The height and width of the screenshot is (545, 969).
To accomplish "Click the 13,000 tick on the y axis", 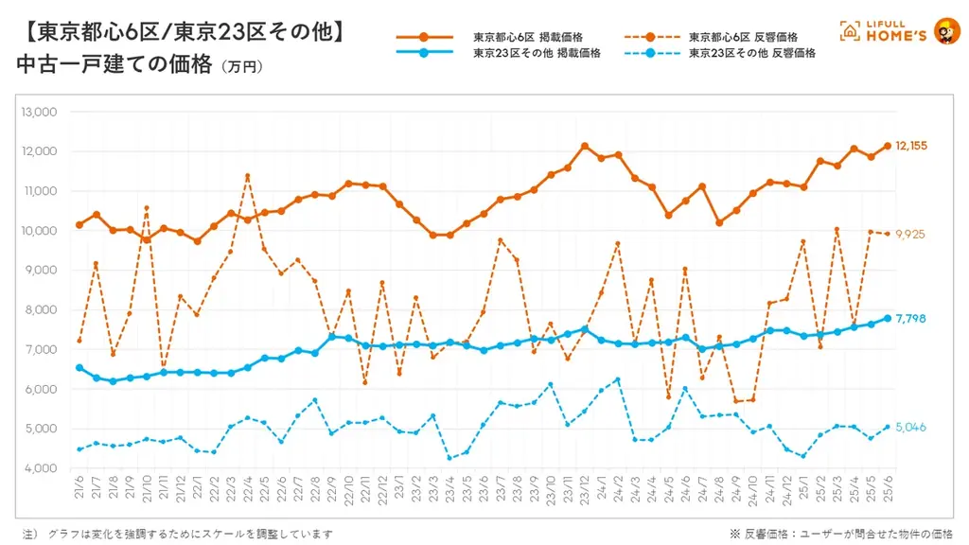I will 39,112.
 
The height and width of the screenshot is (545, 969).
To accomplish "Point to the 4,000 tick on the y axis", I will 41,468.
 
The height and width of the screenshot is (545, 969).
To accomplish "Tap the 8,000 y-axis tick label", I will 41,309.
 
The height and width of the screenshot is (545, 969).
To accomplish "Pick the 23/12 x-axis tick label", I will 584,492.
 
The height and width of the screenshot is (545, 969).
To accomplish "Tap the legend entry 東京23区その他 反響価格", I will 752,54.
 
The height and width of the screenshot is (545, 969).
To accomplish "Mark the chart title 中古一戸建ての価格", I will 114,64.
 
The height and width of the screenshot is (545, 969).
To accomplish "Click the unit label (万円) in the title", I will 240,67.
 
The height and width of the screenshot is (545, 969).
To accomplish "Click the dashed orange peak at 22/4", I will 247,176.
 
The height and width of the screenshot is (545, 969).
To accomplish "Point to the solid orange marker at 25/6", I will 887,146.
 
